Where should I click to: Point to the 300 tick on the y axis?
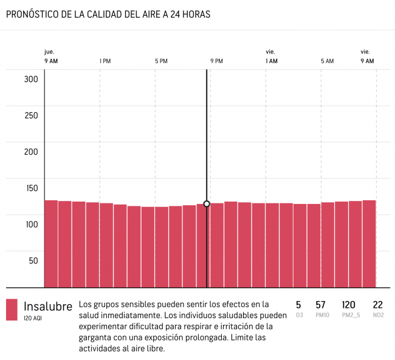pos(32,80)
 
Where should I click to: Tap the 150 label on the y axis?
pos(32,188)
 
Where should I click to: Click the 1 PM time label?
pos(105,61)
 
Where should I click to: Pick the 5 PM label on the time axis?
pos(161,61)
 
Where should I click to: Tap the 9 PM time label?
pos(217,61)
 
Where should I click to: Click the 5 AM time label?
pos(328,61)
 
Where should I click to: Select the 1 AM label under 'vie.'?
pos(272,61)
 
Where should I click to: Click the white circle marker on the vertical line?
pos(207,204)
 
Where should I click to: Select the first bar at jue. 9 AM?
pos(51,243)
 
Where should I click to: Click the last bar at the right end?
pos(369,243)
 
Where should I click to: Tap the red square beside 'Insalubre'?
pos(12,310)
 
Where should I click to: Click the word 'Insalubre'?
pos(48,305)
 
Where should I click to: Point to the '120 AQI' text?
pos(33,318)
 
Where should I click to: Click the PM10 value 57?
pos(321,305)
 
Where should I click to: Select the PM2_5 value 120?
pos(349,305)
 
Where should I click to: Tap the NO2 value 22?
pos(377,305)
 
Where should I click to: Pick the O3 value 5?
pos(298,305)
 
